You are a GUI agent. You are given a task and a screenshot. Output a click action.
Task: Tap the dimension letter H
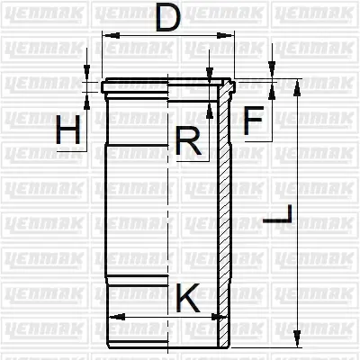(69, 133)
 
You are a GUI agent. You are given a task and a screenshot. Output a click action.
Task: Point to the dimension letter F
(255, 119)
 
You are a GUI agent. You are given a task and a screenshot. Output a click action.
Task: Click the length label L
(282, 216)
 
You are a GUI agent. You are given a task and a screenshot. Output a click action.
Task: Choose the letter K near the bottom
(188, 297)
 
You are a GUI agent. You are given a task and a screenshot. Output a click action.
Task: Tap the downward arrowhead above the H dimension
(87, 76)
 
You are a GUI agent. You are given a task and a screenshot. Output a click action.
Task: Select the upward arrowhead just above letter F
(270, 87)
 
